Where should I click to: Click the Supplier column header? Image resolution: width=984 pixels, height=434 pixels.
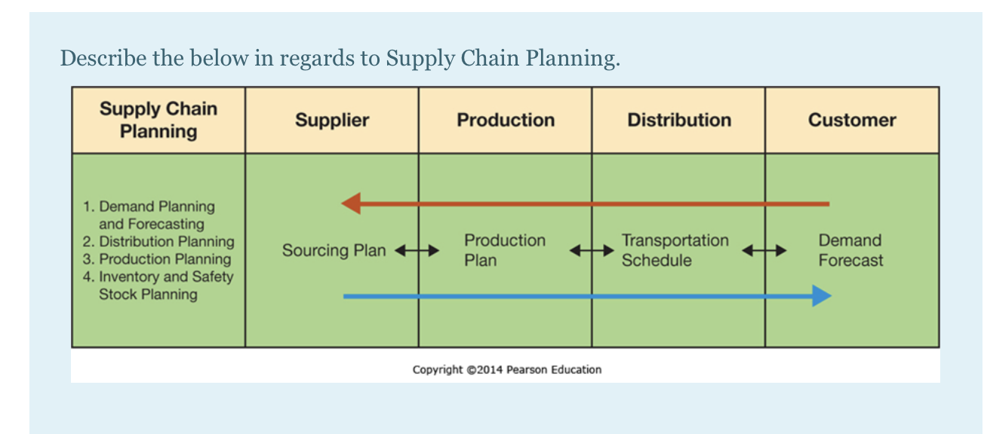coord(332,121)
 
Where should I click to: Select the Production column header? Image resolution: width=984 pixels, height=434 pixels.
coord(506,121)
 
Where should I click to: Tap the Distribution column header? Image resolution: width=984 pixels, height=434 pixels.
coord(679,121)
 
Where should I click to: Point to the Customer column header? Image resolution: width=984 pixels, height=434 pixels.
coord(852,121)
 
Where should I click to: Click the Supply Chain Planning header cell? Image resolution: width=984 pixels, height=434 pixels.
coord(158,121)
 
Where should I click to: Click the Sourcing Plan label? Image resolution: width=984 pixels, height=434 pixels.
coord(334,250)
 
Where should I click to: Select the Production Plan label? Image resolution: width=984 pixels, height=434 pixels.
coord(504,250)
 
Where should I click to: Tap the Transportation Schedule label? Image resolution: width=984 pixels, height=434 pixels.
coord(675,250)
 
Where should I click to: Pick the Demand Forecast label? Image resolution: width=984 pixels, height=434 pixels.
coord(850,250)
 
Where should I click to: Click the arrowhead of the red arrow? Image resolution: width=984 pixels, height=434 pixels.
coord(350,203)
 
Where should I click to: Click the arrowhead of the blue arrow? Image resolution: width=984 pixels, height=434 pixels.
coord(822,296)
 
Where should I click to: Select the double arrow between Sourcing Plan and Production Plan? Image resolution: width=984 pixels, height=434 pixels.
coord(417,251)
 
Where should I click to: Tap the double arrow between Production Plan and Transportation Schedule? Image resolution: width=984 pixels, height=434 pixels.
coord(591,251)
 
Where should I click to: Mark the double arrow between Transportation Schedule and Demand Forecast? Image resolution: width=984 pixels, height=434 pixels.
coord(764,251)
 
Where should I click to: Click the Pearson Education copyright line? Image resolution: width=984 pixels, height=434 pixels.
coord(506,369)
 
